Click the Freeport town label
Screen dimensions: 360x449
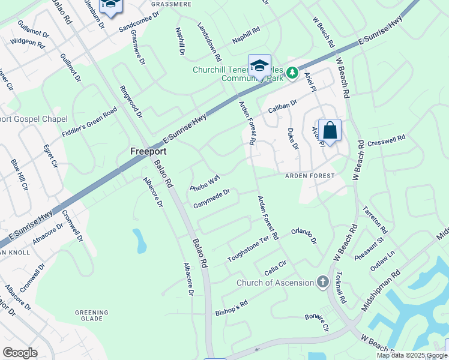[148, 151]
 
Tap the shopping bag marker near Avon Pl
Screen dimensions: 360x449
[330, 130]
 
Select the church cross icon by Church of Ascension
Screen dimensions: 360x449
[323, 282]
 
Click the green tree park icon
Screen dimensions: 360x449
[292, 73]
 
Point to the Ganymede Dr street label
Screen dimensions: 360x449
[211, 199]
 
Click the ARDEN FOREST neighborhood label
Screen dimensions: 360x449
[310, 176]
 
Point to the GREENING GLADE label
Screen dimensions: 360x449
[92, 316]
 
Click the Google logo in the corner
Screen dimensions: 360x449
[20, 353]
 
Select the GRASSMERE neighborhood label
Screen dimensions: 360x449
[171, 4]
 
